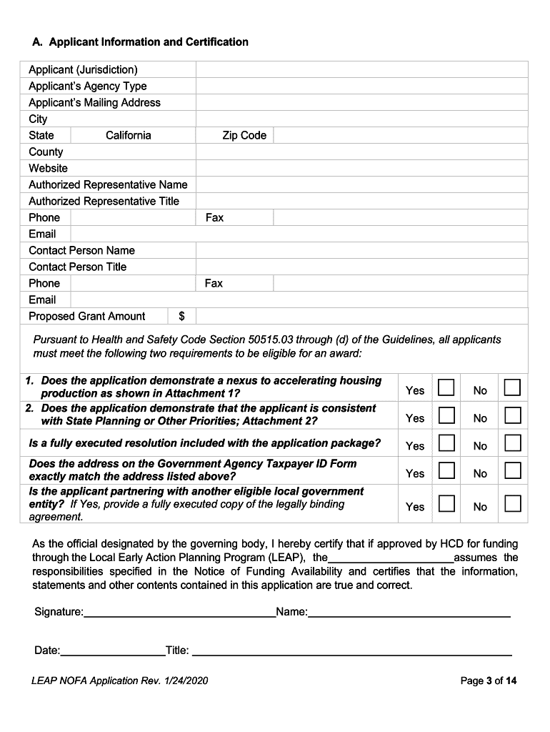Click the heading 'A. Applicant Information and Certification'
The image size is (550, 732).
click(140, 42)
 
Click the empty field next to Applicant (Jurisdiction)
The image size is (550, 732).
click(361, 69)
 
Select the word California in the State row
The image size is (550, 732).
click(128, 135)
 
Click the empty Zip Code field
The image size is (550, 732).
click(400, 135)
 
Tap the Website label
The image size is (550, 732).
click(48, 168)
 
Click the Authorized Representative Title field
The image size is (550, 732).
click(361, 201)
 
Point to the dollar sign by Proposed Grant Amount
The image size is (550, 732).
click(182, 316)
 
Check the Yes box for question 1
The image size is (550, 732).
click(446, 387)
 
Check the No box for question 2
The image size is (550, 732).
click(512, 415)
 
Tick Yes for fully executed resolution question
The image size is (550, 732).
click(446, 443)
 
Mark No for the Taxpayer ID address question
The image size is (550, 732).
click(512, 470)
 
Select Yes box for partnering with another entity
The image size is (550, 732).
click(446, 503)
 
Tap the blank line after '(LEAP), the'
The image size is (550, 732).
click(391, 557)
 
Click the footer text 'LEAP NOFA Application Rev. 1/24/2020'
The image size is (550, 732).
click(120, 681)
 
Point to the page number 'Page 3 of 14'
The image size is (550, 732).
click(489, 681)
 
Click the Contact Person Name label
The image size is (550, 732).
click(81, 250)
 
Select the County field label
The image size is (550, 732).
click(46, 152)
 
